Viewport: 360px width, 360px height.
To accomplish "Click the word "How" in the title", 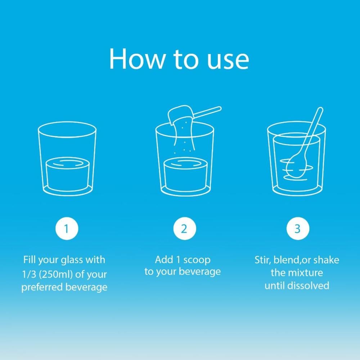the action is click(137, 59).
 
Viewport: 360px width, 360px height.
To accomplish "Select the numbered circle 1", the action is click(67, 229).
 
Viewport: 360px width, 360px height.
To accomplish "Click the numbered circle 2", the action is click(185, 229).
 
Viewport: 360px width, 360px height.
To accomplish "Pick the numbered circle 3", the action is click(298, 229).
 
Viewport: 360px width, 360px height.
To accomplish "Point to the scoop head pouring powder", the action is click(180, 114).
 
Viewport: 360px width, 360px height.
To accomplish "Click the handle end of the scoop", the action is click(219, 108).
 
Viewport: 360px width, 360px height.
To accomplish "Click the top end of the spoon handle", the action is click(320, 110).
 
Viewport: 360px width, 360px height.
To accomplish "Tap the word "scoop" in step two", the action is click(197, 260).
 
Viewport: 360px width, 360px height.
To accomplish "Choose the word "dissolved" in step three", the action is click(309, 285).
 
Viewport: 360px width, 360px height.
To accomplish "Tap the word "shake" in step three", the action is click(326, 260).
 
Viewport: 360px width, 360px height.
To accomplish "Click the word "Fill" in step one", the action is click(30, 260).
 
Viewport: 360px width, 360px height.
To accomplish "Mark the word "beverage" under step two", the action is click(199, 272).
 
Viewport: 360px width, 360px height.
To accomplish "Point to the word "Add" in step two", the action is click(164, 260).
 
